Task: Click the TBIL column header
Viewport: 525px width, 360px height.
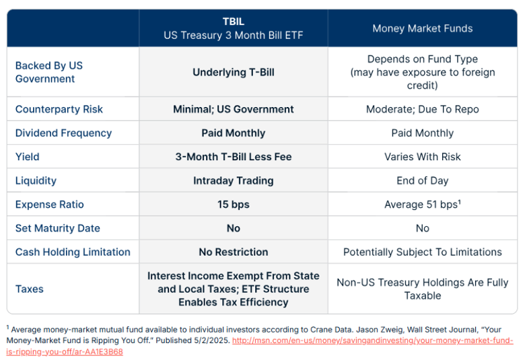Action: click(233, 28)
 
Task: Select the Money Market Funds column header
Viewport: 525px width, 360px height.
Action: click(422, 28)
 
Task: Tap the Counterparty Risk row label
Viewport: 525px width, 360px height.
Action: click(59, 109)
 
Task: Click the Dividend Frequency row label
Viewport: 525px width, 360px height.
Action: click(63, 133)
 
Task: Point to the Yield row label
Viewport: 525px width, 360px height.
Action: click(28, 157)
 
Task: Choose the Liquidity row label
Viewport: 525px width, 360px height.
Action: click(36, 180)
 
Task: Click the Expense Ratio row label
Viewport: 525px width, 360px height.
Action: click(49, 205)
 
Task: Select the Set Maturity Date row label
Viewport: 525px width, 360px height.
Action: click(57, 228)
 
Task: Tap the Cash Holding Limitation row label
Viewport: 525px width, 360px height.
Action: click(73, 252)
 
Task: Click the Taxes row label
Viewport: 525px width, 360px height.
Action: click(30, 289)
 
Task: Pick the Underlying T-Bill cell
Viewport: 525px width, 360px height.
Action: click(233, 72)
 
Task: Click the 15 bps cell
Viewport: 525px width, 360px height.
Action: click(233, 205)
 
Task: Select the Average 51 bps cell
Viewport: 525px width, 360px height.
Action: click(422, 205)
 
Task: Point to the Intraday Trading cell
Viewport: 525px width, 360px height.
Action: click(233, 180)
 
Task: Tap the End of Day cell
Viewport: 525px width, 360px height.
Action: click(422, 180)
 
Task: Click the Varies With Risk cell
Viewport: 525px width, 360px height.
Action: click(422, 157)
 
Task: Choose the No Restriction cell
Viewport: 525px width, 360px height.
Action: click(233, 252)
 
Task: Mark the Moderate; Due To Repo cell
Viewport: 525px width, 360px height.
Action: click(422, 109)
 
